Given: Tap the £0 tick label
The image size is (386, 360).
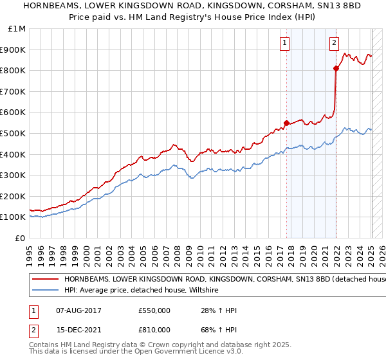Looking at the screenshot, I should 21,238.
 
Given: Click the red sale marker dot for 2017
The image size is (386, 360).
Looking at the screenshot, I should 286,123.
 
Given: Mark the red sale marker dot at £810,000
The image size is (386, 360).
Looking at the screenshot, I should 336,68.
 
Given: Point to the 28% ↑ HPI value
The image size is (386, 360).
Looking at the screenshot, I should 219,310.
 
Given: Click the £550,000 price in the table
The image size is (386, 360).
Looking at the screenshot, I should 154,310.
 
